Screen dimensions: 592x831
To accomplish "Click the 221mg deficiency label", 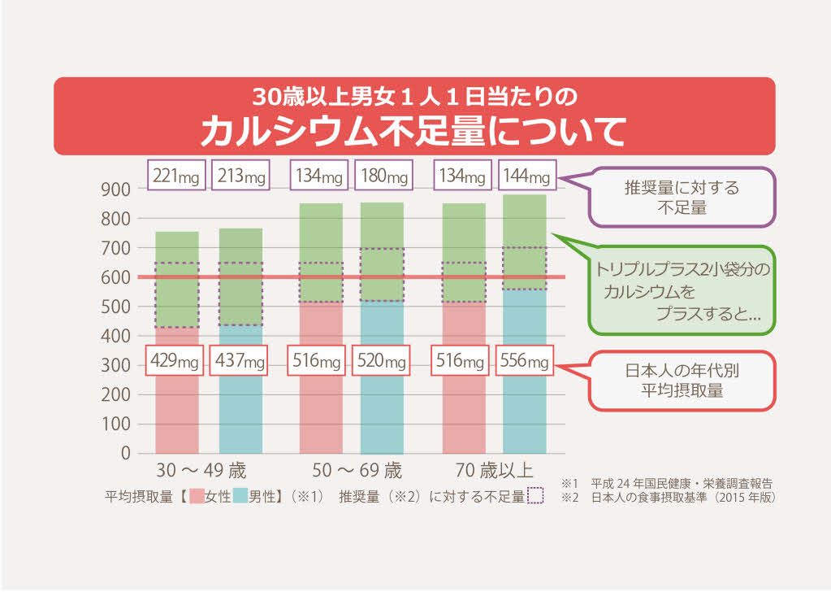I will [176, 176].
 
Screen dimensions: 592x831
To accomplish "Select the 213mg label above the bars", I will [240, 176].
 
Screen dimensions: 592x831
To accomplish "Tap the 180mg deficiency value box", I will [383, 176].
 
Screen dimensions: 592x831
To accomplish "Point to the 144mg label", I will [527, 176].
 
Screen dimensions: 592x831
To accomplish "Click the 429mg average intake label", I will [176, 362].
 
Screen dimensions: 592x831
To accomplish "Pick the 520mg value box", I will [383, 362].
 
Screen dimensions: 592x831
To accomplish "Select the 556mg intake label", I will [526, 362].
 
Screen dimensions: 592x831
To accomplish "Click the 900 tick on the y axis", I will [117, 189].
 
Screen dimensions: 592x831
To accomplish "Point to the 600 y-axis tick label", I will [117, 277].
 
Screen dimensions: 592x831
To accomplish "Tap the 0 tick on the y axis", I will [125, 454].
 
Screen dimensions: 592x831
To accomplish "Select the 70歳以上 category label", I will [495, 472].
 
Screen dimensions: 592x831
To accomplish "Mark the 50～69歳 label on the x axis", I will [357, 472].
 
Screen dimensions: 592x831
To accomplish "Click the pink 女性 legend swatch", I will [197, 495].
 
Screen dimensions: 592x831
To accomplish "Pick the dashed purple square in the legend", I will [535, 495].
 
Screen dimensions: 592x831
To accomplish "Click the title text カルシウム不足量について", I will [413, 131].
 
